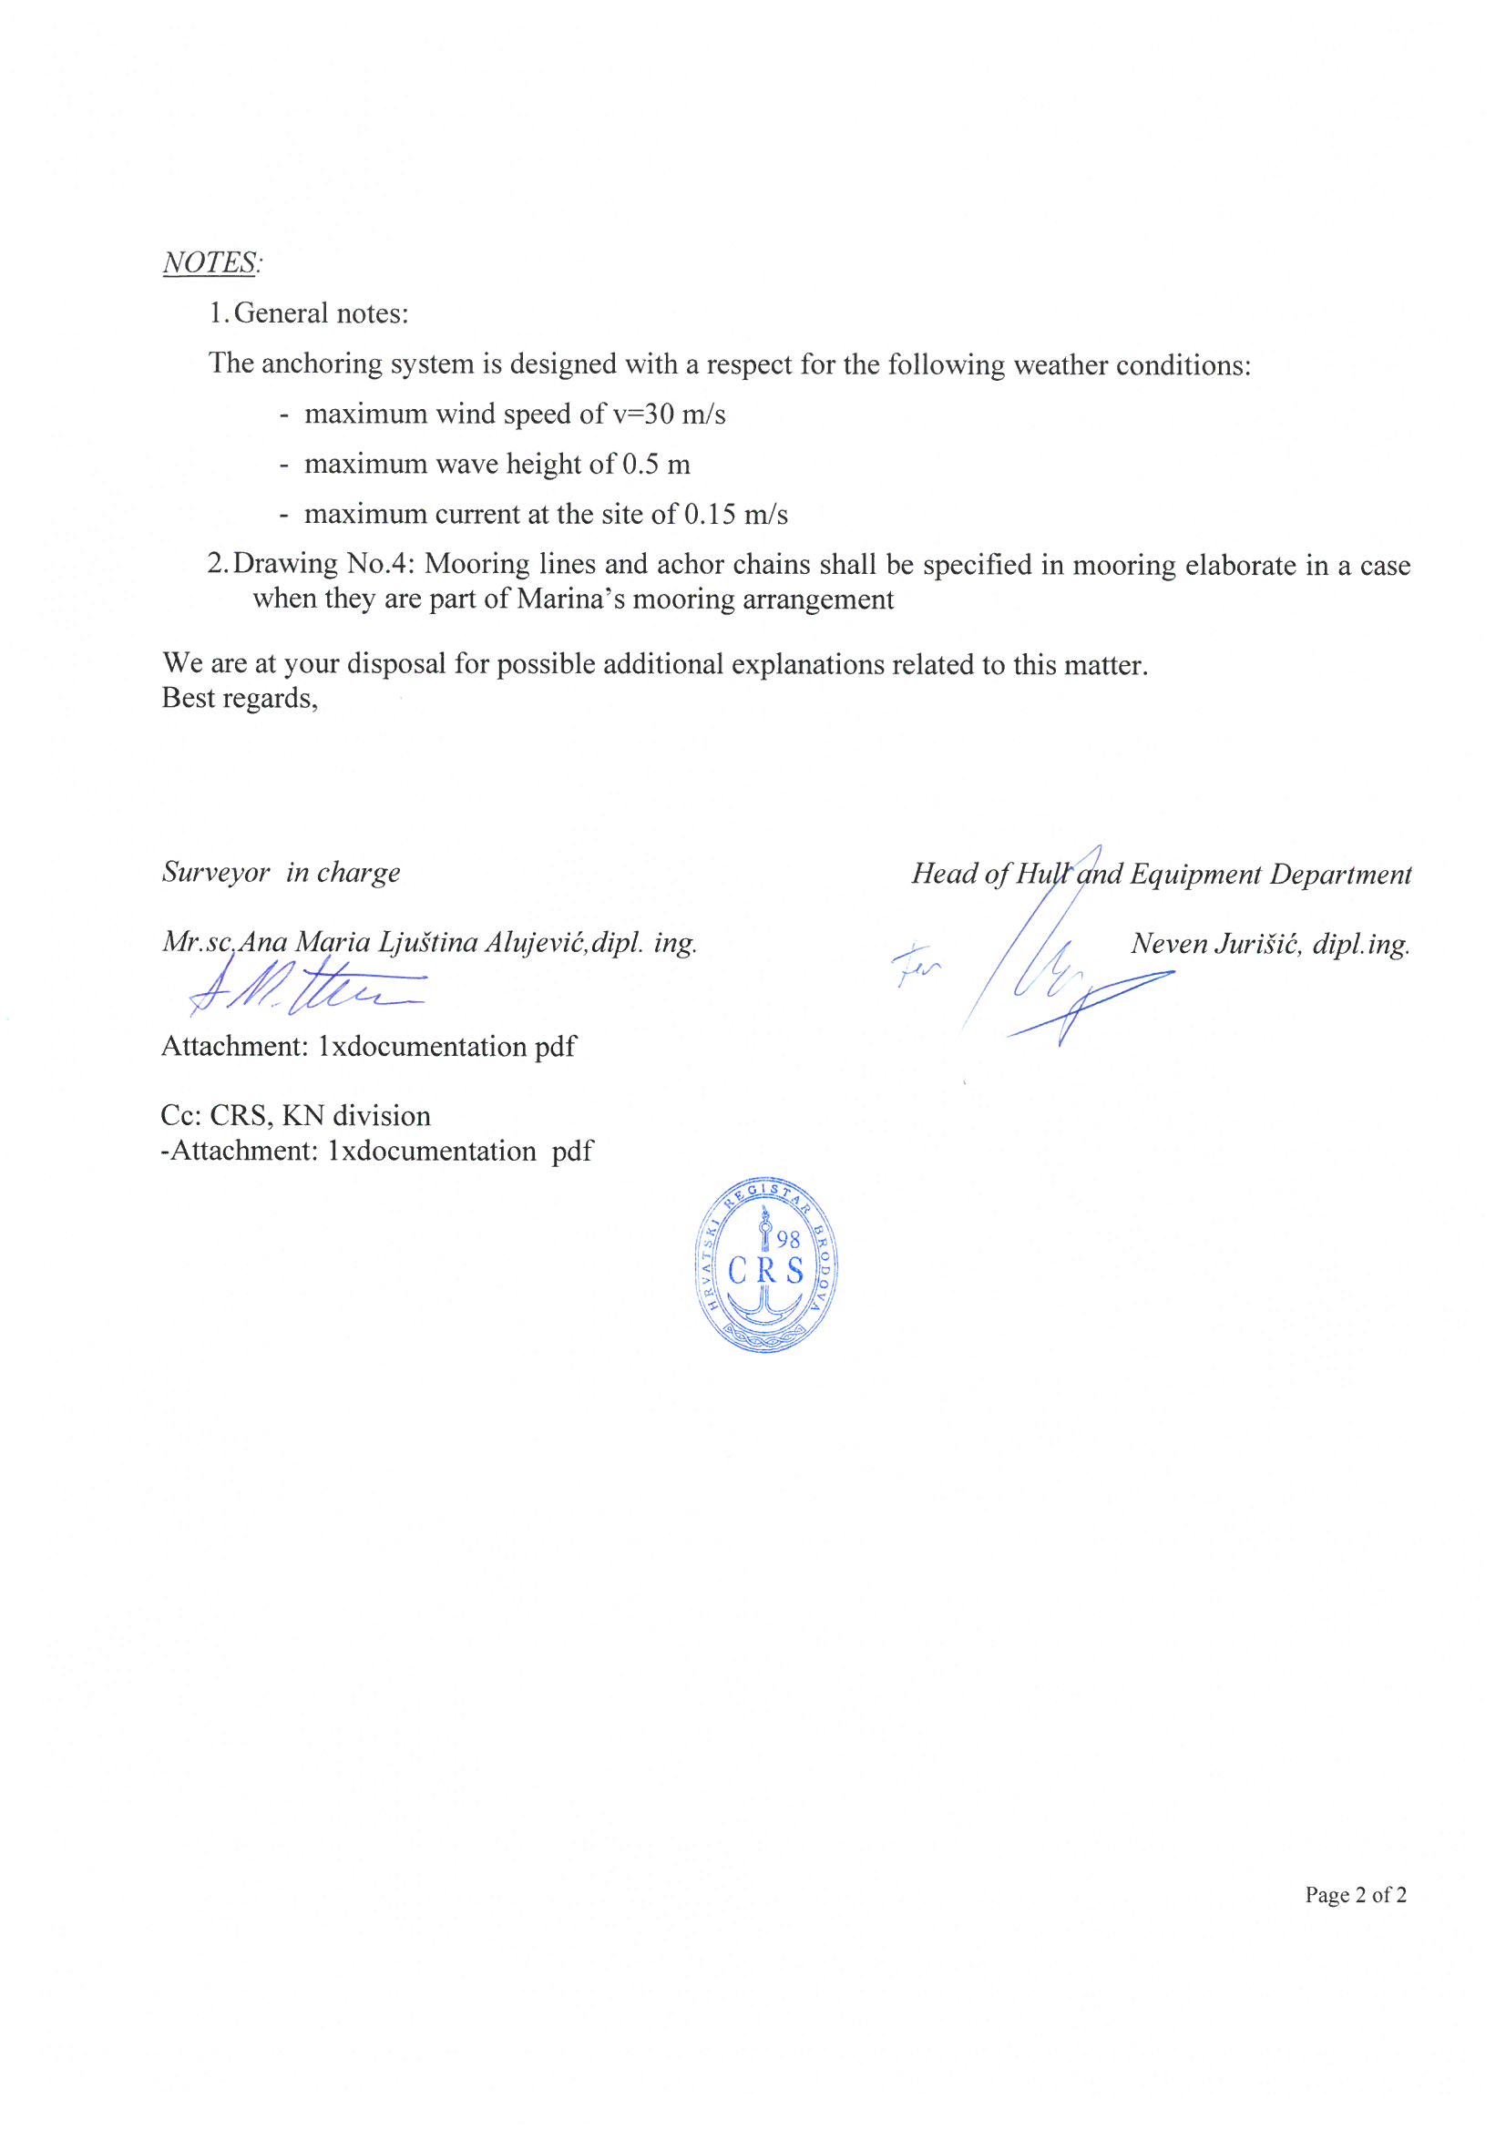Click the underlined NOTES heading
(x=210, y=262)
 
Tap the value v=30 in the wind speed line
(x=643, y=414)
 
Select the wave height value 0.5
(x=641, y=464)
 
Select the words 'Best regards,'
(x=240, y=698)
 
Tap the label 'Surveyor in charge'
(x=282, y=872)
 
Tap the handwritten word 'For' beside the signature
(x=917, y=969)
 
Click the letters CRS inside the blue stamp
(x=766, y=1270)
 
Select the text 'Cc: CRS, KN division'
(x=295, y=1115)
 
